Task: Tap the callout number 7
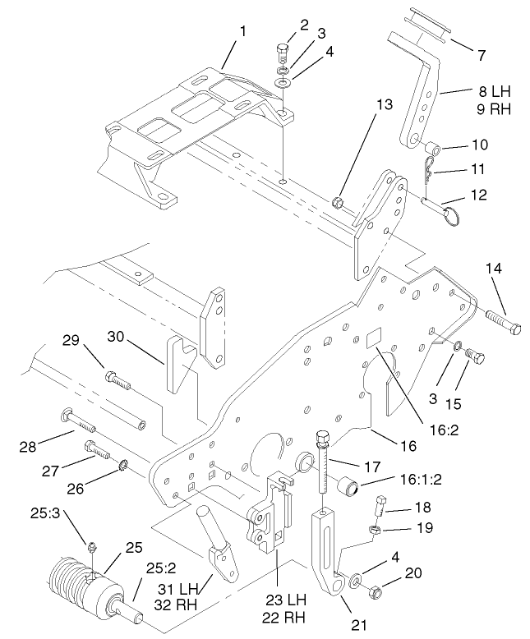pos(482,57)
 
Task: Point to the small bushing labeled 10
pos(432,149)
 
